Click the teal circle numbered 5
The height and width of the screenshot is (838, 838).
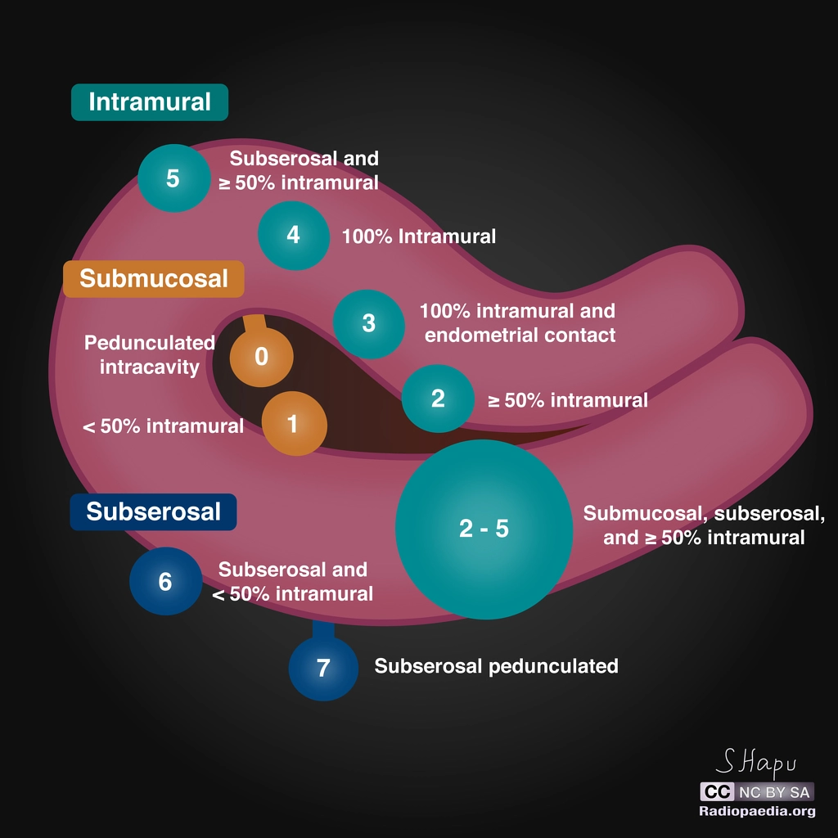tap(173, 178)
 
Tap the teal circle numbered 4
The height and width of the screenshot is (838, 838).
tap(293, 235)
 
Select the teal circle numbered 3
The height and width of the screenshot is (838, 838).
tap(369, 323)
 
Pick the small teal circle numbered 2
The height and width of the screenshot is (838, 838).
tap(438, 399)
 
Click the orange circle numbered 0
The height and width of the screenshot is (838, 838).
tap(262, 357)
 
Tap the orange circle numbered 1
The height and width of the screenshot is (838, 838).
tap(294, 423)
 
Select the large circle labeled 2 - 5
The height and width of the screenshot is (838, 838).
tap(484, 529)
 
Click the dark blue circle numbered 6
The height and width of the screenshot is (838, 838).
tap(165, 582)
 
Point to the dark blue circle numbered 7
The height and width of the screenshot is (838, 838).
tap(323, 668)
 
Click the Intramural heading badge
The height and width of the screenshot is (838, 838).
tap(149, 102)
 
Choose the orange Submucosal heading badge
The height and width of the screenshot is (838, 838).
tap(153, 278)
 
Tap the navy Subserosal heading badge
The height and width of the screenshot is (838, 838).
tap(153, 511)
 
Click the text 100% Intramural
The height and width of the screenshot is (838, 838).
tap(418, 237)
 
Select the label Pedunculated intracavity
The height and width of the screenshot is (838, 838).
tap(150, 354)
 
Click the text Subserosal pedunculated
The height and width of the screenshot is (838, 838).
tap(496, 666)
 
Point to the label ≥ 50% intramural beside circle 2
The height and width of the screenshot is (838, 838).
tap(567, 400)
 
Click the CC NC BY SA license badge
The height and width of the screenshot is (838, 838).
tap(756, 792)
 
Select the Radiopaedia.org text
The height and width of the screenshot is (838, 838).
tap(757, 812)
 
